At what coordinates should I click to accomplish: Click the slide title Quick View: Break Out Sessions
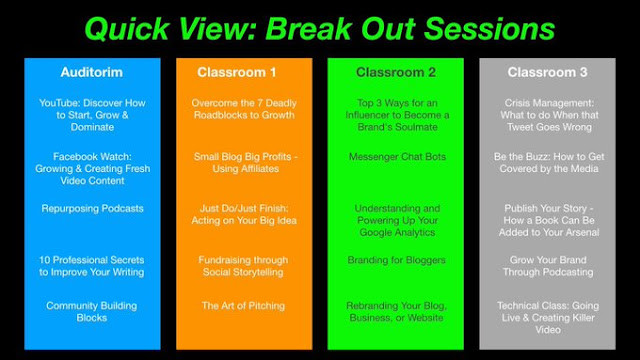(320, 29)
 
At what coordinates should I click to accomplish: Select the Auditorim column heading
(92, 72)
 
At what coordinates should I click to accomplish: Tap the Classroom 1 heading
(237, 72)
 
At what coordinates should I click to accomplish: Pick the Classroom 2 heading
(396, 72)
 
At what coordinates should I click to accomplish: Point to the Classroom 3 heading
(547, 72)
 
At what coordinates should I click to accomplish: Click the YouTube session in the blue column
(92, 115)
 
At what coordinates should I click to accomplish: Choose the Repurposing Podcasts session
(92, 209)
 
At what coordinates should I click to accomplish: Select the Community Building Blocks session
(91, 311)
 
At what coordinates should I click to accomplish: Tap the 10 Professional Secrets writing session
(91, 266)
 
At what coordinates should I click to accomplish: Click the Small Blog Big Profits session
(245, 162)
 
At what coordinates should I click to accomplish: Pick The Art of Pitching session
(243, 306)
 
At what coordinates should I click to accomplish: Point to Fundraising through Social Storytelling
(243, 266)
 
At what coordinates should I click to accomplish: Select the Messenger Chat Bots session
(397, 157)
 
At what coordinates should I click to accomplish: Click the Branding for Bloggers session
(396, 260)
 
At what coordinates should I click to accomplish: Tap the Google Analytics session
(397, 220)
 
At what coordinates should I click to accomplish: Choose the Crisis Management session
(549, 115)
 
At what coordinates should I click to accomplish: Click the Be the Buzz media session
(549, 162)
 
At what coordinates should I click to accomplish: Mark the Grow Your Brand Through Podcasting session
(548, 266)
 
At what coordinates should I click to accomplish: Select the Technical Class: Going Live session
(548, 318)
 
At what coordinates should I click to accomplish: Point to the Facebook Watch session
(92, 169)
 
